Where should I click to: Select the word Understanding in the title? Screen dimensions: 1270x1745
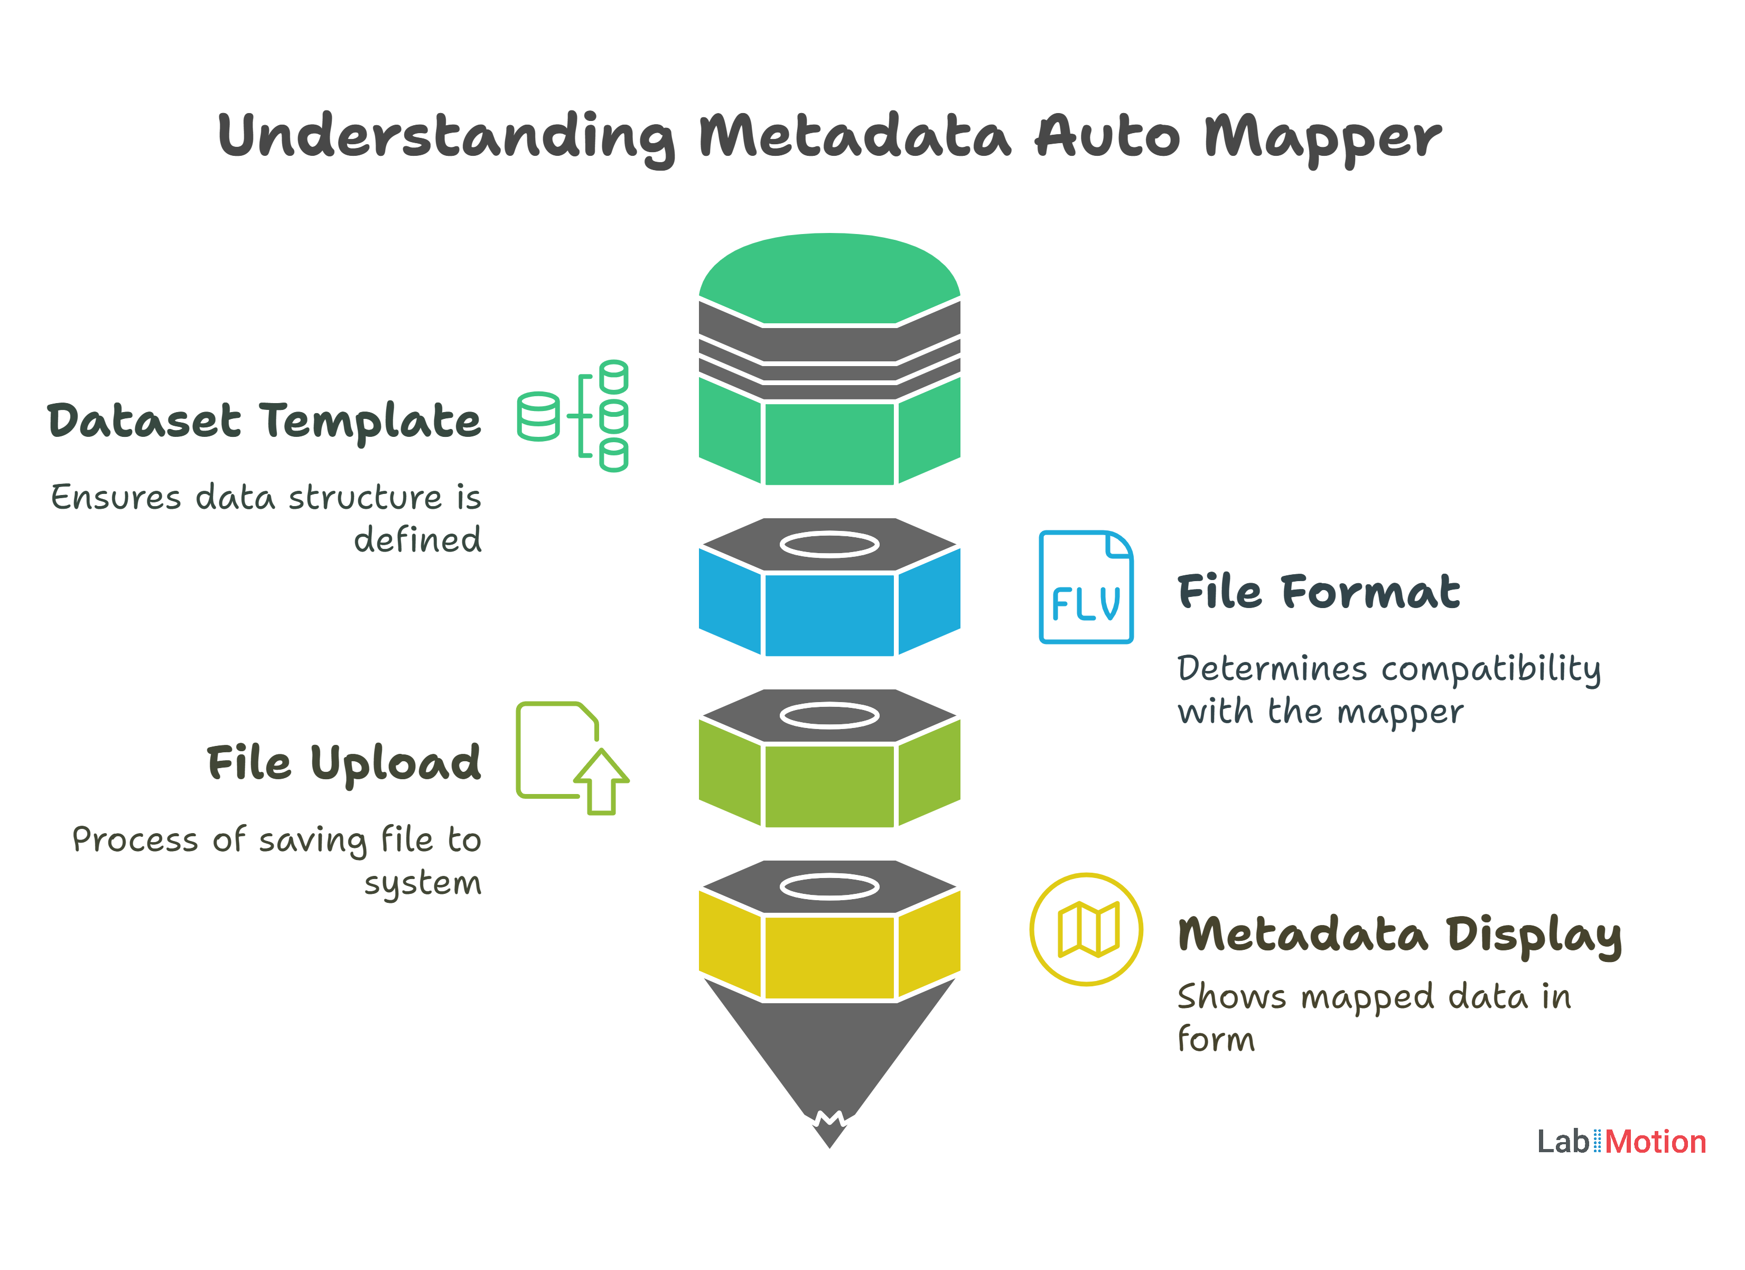click(446, 137)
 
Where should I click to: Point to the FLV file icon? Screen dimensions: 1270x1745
click(1086, 587)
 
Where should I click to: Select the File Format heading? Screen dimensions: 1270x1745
click(1318, 592)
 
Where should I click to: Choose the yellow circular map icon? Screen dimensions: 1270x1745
click(1086, 929)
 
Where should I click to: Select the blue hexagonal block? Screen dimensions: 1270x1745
click(829, 613)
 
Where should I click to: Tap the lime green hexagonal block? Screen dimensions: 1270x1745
click(829, 785)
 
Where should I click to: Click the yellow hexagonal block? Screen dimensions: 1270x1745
click(829, 956)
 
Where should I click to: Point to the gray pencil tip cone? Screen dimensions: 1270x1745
click(829, 1061)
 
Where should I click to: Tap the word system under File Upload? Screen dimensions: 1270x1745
click(423, 883)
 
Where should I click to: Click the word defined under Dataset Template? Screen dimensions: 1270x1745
click(418, 540)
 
